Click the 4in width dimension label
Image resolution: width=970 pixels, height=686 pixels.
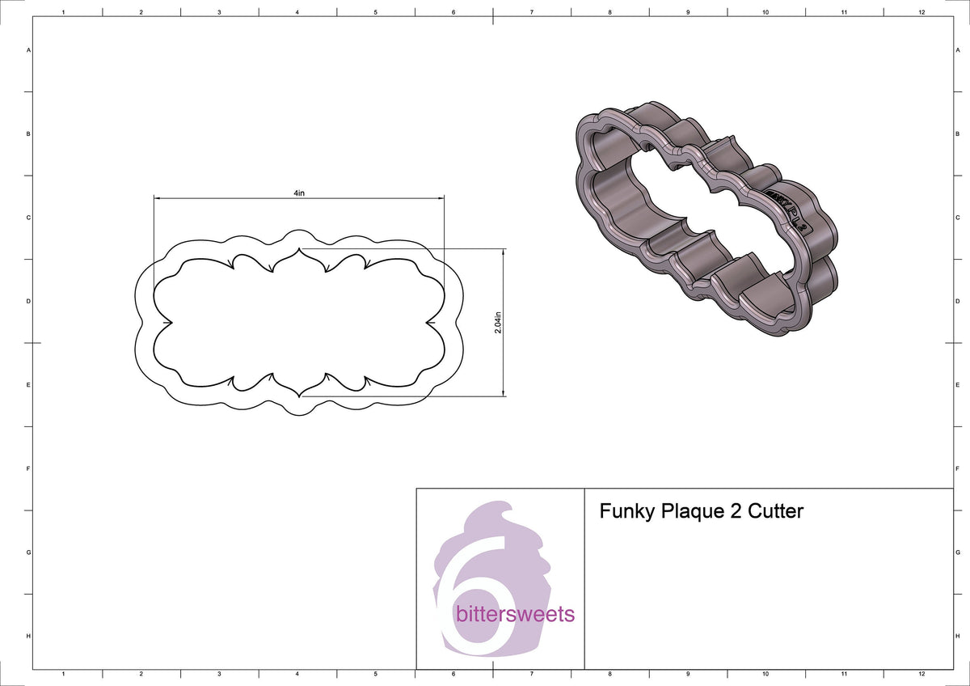click(x=299, y=193)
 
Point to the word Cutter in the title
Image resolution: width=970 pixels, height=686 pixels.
click(x=776, y=511)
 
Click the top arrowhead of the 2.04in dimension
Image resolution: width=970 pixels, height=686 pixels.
click(x=504, y=252)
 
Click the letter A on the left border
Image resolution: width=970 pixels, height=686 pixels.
click(x=29, y=50)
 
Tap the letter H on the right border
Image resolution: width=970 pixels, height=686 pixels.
click(x=957, y=637)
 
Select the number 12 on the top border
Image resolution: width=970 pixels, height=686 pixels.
click(x=921, y=13)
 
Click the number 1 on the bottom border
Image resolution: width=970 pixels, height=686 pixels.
click(x=63, y=673)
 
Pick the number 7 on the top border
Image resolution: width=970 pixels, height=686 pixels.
click(x=531, y=13)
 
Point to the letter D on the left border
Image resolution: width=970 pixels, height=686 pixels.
click(x=29, y=301)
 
